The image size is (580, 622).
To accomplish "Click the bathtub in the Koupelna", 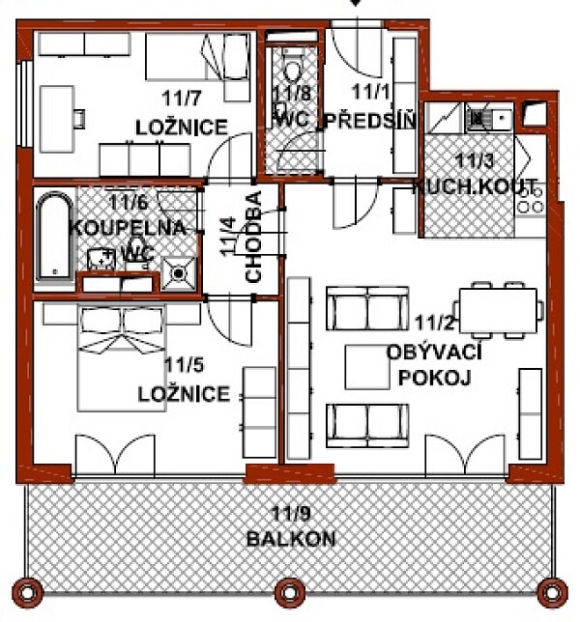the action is [x=55, y=236].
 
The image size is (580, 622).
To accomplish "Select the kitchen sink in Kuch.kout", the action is [x=489, y=117].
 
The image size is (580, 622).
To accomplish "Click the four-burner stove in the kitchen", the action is [x=531, y=201].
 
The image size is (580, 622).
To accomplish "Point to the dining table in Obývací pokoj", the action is [x=498, y=311].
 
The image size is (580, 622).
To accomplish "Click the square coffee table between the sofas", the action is [x=367, y=367].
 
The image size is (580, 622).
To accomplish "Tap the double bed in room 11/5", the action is [x=122, y=358].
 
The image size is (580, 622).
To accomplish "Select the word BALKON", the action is [x=291, y=539].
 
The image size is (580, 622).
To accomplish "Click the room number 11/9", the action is [x=291, y=513].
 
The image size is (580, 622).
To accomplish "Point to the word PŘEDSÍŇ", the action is [x=371, y=121].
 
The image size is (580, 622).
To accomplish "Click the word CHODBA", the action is [x=253, y=237].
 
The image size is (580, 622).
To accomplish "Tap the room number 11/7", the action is [x=182, y=98].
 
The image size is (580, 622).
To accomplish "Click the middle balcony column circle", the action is [x=290, y=593].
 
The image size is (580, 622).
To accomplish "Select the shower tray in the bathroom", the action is [x=179, y=273].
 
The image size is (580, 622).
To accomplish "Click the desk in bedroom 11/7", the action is [x=57, y=119].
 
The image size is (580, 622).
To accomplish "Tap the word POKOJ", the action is [x=434, y=378].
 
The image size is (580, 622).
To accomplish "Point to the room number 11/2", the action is [x=434, y=323].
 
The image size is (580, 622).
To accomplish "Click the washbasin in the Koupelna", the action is [x=101, y=259].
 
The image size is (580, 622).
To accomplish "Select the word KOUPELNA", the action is [x=128, y=228].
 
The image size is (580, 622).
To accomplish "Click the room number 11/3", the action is [x=475, y=161].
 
